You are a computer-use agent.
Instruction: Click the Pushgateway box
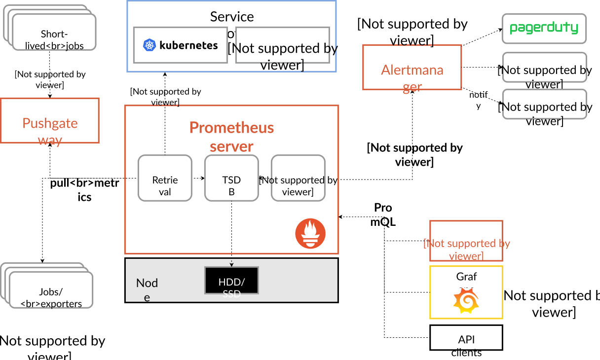(x=50, y=121)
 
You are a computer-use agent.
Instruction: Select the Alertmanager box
(x=412, y=68)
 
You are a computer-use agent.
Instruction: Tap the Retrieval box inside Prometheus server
(x=165, y=178)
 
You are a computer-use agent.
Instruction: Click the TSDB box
(x=231, y=178)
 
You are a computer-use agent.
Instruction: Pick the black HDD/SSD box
(x=231, y=281)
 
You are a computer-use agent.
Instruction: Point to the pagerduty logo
(x=544, y=28)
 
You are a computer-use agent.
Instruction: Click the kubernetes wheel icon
(x=150, y=45)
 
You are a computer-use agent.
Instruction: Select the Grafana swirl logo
(x=466, y=301)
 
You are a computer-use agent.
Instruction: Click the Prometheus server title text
(x=231, y=137)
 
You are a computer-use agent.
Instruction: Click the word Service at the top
(x=232, y=16)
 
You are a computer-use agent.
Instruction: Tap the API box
(x=466, y=338)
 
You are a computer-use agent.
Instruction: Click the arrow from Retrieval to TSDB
(x=198, y=178)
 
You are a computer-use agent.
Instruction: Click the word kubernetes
(x=188, y=45)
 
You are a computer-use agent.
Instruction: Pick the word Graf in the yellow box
(x=466, y=277)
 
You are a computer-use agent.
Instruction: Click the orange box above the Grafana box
(x=466, y=241)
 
